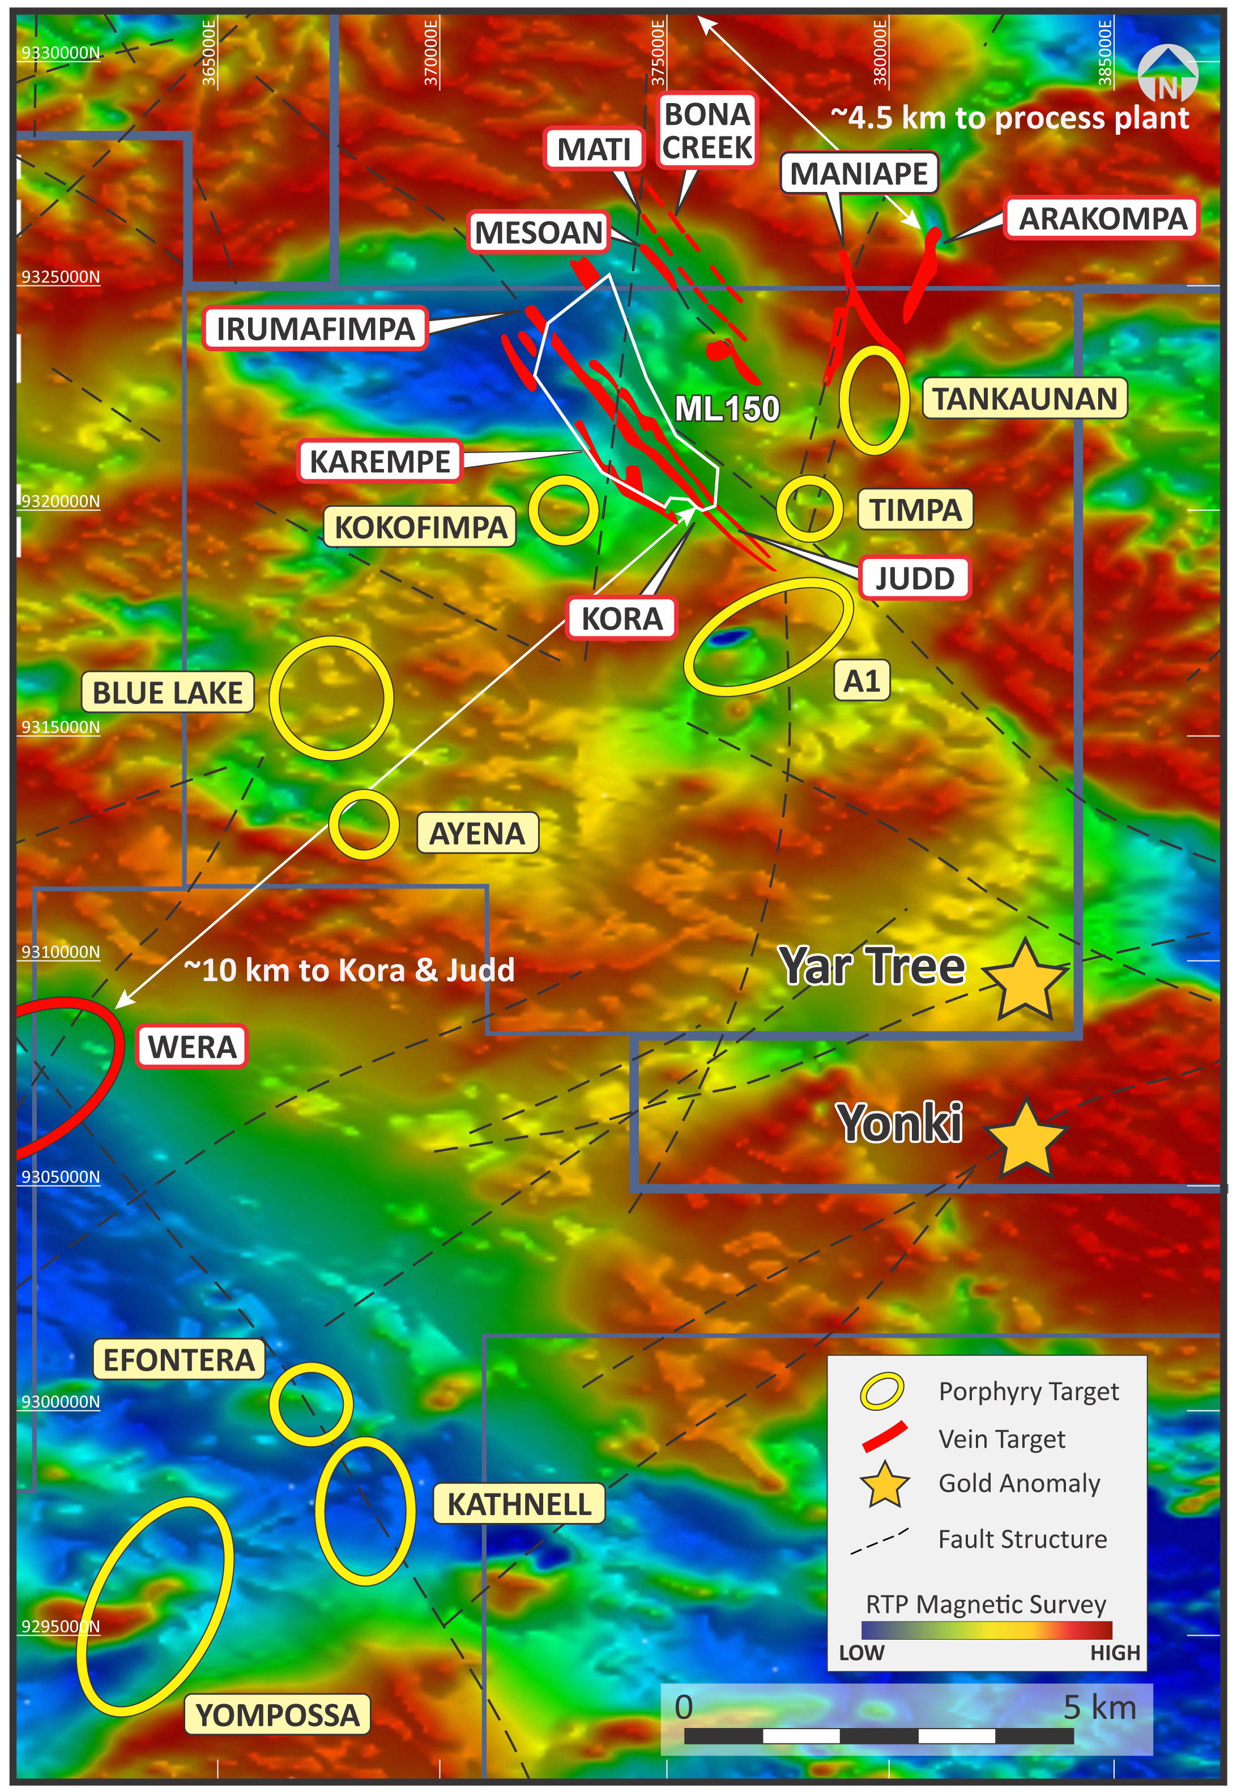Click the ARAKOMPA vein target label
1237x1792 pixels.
pos(1102,219)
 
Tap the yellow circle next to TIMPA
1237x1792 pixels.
pos(809,509)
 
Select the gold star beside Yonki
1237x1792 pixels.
pos(1025,1138)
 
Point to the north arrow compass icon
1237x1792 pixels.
pos(1167,76)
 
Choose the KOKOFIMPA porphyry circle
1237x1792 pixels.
pos(564,510)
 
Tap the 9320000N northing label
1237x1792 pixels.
pos(61,501)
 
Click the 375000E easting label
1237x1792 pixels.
pos(658,53)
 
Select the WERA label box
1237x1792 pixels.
pos(191,1046)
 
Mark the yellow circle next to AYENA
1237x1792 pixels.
pos(364,825)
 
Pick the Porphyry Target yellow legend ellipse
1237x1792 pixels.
pos(882,1391)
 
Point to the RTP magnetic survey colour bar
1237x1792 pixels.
pos(986,1629)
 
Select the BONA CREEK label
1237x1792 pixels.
pos(706,130)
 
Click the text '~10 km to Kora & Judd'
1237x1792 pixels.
pos(349,970)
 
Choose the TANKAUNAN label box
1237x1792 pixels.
pos(1024,398)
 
